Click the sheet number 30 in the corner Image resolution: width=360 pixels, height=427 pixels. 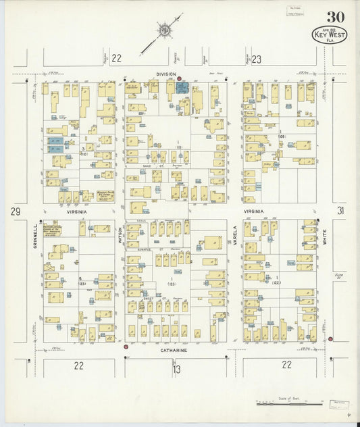(x=334, y=17)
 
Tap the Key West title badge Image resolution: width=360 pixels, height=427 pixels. (x=330, y=35)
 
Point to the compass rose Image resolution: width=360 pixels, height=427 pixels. (x=163, y=30)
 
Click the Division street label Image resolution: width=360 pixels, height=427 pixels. (x=166, y=74)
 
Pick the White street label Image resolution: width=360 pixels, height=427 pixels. (x=324, y=236)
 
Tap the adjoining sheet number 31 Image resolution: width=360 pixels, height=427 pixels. (x=341, y=211)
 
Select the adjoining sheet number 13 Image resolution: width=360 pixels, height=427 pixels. (x=176, y=369)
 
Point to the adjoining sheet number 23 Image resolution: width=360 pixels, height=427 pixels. (x=256, y=59)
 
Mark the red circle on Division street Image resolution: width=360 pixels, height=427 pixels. (x=179, y=79)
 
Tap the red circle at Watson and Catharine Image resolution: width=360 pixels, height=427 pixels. (x=126, y=347)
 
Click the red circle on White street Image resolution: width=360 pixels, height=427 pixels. (x=330, y=338)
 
